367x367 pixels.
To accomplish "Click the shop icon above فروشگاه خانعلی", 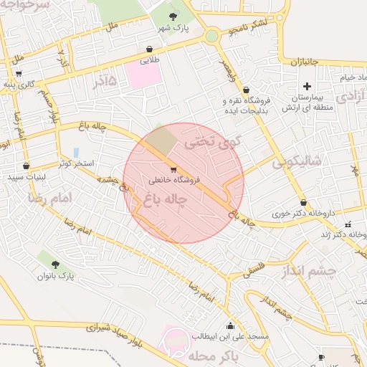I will click(x=174, y=170).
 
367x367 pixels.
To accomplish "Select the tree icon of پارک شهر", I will click(x=171, y=16).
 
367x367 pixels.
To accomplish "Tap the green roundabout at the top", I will click(x=211, y=36).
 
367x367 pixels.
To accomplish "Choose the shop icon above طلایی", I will click(x=148, y=49).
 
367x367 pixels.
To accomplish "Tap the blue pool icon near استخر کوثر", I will click(x=75, y=152).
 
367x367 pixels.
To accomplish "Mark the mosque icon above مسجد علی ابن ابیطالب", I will click(x=229, y=325).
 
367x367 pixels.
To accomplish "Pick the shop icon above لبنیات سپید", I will click(x=26, y=166).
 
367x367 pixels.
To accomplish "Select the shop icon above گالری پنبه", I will click(x=18, y=74).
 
